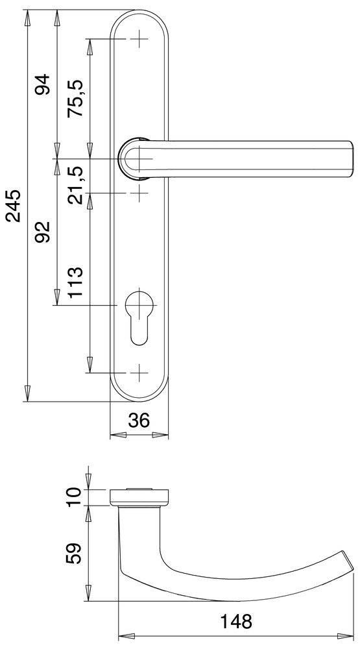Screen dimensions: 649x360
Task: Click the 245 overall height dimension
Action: click(x=14, y=206)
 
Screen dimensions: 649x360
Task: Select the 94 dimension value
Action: click(x=43, y=85)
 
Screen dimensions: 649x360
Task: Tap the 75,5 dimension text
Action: click(x=77, y=98)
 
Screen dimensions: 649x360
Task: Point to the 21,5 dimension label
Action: click(x=77, y=184)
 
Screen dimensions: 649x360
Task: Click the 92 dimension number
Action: click(x=43, y=232)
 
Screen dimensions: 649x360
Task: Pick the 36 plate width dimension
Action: click(x=139, y=421)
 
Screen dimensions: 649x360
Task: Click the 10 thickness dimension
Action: click(x=76, y=496)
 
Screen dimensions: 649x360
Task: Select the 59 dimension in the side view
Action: click(x=76, y=554)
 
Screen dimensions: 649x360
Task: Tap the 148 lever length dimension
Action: click(x=235, y=621)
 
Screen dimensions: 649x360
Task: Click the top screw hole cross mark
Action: click(x=139, y=40)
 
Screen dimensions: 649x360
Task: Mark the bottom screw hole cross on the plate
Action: click(x=139, y=373)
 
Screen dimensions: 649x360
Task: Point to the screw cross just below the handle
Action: click(x=139, y=192)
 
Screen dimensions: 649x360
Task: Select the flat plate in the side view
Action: click(x=140, y=497)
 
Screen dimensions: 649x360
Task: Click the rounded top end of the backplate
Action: click(x=139, y=16)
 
